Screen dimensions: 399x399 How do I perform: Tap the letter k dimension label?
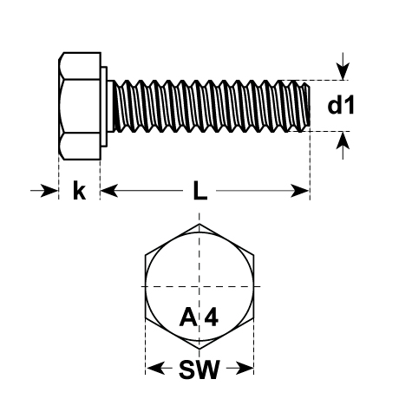[79, 190]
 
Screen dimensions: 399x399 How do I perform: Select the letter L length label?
[200, 191]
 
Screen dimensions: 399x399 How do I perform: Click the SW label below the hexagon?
[199, 370]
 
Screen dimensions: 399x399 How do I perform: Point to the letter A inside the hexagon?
[189, 317]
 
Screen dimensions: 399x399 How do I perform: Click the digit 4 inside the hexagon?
[212, 317]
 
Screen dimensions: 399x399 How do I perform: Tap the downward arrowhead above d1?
[343, 71]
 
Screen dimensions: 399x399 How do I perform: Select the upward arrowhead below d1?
[343, 141]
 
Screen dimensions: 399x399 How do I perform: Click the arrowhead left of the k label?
[49, 191]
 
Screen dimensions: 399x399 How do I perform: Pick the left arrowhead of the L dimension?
[109, 191]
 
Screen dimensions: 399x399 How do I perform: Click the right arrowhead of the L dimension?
[300, 191]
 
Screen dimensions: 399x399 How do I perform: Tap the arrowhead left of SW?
[156, 368]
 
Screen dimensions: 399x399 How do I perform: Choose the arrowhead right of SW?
[245, 368]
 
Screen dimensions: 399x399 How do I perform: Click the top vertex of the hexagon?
[199, 224]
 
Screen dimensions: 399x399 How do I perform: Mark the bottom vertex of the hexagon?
[199, 350]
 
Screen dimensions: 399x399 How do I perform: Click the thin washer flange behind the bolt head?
[104, 107]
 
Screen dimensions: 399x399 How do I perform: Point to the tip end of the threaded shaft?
[309, 106]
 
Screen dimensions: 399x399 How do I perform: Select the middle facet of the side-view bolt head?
[80, 106]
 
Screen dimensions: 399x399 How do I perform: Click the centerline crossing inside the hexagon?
[199, 286]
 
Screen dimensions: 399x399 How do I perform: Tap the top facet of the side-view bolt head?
[80, 66]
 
